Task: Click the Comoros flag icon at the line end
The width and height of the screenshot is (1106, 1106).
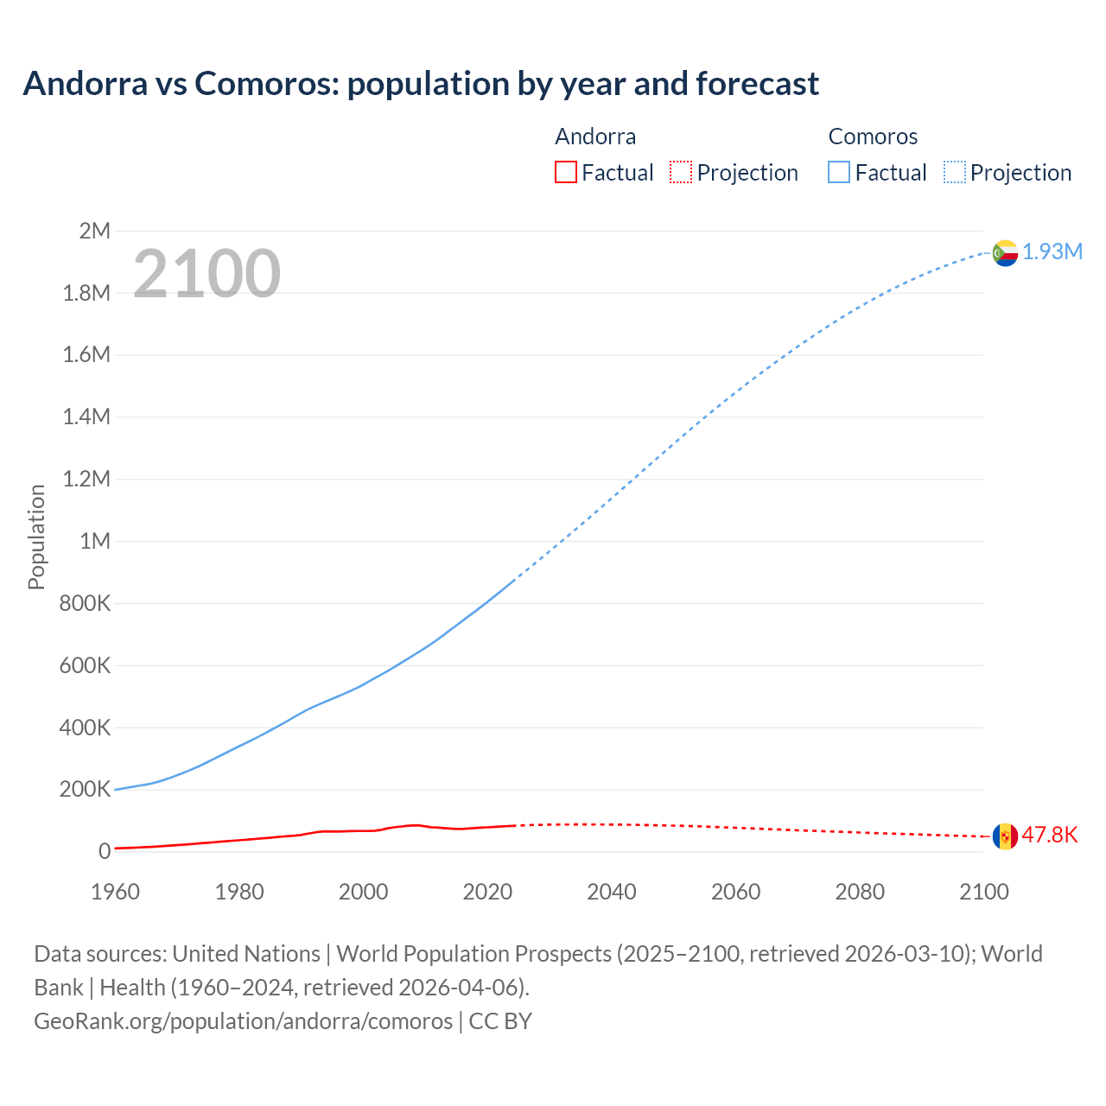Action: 1004,253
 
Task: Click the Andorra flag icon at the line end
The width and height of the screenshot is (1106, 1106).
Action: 1004,836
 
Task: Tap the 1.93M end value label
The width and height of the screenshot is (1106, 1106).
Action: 1052,251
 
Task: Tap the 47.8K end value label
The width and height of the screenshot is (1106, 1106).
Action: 1050,835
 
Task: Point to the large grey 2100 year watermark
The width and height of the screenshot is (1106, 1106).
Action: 207,274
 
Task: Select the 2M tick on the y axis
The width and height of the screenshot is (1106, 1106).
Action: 94,231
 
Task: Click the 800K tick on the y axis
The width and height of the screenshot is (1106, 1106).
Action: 85,603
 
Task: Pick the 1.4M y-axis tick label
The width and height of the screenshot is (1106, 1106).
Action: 86,417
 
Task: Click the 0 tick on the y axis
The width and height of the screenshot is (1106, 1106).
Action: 105,851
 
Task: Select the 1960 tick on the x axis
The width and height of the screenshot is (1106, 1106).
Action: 115,892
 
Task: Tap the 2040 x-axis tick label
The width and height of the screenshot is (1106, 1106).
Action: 612,892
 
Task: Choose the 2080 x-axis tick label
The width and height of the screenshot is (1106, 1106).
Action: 860,892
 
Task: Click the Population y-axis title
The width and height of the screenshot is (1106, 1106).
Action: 36,537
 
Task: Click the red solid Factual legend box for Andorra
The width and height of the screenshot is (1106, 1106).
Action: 565,172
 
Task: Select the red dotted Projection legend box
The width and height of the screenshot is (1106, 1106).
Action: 681,172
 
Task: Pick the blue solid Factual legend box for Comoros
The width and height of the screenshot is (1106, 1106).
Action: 838,172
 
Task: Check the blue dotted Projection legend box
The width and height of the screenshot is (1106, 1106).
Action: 954,172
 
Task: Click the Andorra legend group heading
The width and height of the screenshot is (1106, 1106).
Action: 595,137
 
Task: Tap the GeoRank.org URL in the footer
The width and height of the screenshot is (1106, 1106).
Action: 243,1020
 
